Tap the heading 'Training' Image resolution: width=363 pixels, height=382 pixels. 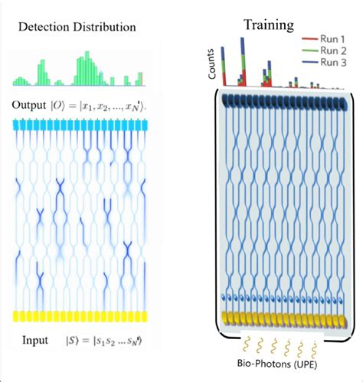[x=268, y=24]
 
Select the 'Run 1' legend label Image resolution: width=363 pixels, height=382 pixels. [x=335, y=38]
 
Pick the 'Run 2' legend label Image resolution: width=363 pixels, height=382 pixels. [x=335, y=51]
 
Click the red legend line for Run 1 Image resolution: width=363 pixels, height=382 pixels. [x=309, y=38]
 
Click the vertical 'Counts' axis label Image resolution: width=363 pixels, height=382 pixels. [x=211, y=67]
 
